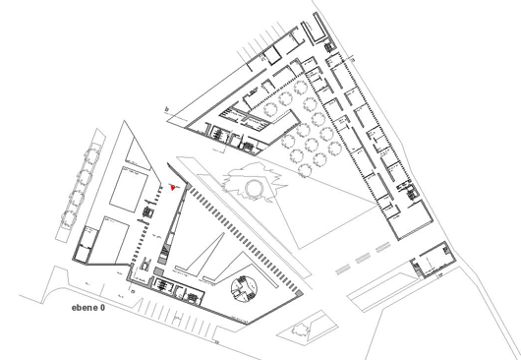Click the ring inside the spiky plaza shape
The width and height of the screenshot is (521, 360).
tap(258, 187)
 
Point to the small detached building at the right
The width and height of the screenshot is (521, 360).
tap(433, 261)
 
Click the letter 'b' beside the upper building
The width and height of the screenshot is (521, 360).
tap(168, 110)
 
